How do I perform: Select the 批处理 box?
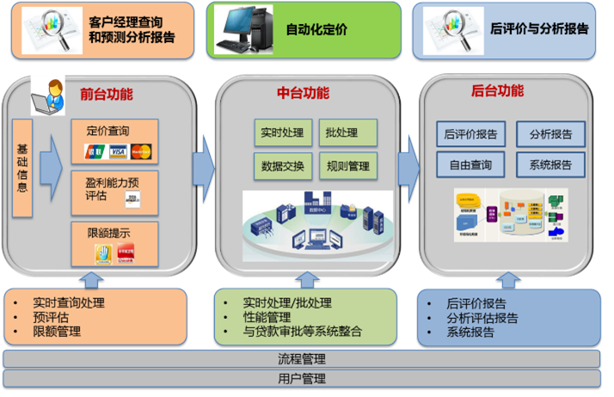[348, 133]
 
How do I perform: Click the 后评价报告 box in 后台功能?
[472, 134]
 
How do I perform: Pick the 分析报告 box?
[550, 134]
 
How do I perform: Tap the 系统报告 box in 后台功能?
[550, 164]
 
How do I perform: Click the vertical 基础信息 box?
[22, 168]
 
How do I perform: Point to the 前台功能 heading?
[106, 94]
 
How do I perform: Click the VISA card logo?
[118, 152]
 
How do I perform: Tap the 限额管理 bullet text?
[57, 331]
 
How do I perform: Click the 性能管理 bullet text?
[267, 317]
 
